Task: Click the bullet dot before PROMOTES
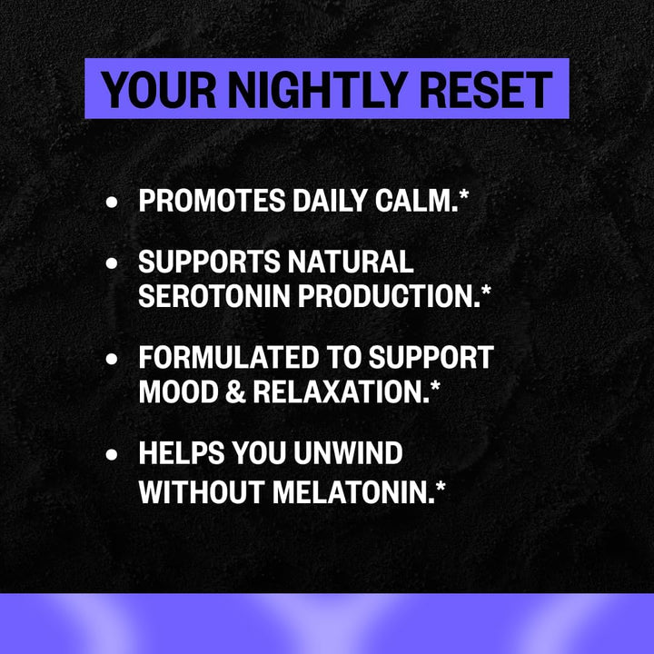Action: click(x=113, y=203)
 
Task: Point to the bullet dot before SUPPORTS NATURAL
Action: click(x=113, y=264)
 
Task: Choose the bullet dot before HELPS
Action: click(x=113, y=454)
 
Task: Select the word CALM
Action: click(x=417, y=202)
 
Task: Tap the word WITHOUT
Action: click(x=200, y=490)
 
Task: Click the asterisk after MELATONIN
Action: click(x=441, y=486)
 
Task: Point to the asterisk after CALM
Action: click(x=463, y=197)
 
